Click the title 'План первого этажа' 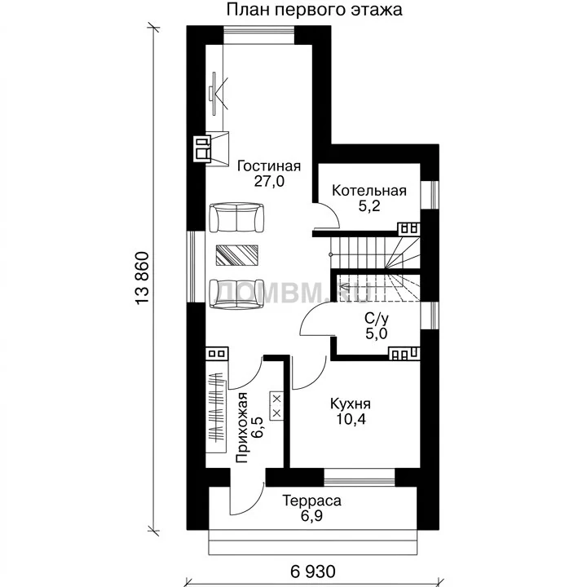click(315, 10)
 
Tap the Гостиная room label click(269, 166)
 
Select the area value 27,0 click(269, 182)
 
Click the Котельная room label click(369, 191)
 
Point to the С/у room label click(376, 319)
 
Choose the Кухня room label click(351, 404)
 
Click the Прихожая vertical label click(242, 427)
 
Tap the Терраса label click(311, 501)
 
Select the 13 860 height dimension click(143, 279)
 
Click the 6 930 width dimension click(312, 572)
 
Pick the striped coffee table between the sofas click(237, 255)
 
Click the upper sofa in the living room click(236, 218)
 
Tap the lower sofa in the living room click(236, 294)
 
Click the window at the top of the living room click(259, 34)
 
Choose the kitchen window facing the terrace click(360, 477)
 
